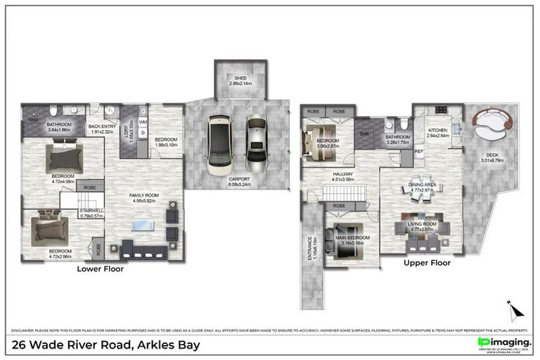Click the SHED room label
(240, 80)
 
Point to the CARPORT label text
(240, 181)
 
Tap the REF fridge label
(419, 150)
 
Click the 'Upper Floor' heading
(427, 263)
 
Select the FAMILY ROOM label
(143, 198)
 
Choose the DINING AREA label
(422, 186)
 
